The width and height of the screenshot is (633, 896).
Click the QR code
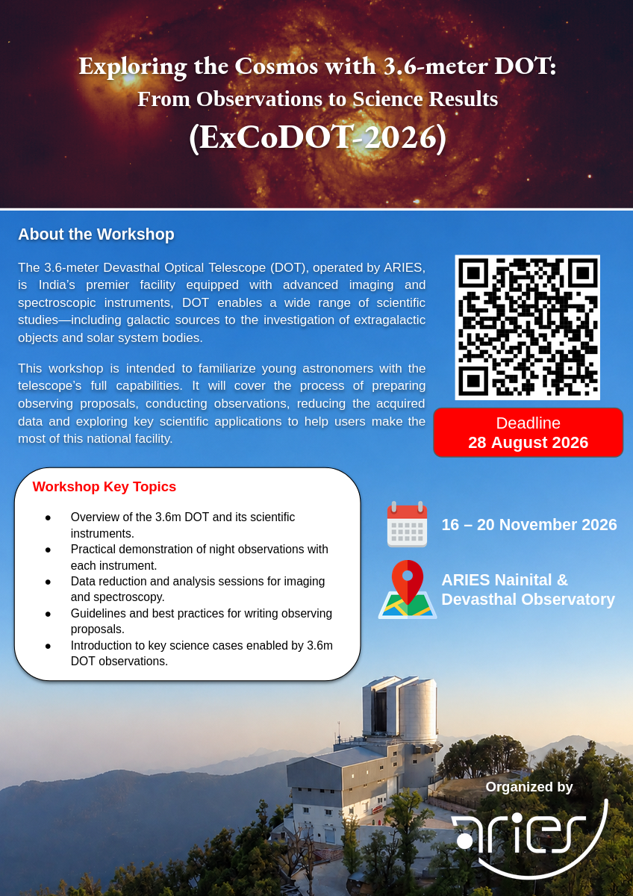tap(528, 327)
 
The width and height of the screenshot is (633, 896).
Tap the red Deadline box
tap(528, 432)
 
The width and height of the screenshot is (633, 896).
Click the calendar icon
tap(407, 524)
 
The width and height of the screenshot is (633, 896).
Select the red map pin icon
tap(408, 582)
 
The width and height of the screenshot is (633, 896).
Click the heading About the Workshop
tap(96, 234)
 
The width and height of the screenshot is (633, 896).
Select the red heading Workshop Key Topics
tap(105, 486)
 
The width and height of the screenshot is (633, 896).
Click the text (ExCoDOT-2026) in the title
tap(317, 138)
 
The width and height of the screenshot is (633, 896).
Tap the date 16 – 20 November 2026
tap(529, 524)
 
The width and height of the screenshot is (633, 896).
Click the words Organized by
tap(529, 787)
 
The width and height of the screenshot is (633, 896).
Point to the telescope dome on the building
tap(400, 709)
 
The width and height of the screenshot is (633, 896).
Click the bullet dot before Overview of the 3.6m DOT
tap(48, 517)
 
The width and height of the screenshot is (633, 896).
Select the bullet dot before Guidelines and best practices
tap(48, 614)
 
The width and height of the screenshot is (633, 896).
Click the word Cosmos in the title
tap(276, 66)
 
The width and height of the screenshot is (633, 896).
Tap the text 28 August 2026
tap(528, 442)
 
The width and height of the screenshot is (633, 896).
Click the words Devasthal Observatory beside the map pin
tap(528, 599)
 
